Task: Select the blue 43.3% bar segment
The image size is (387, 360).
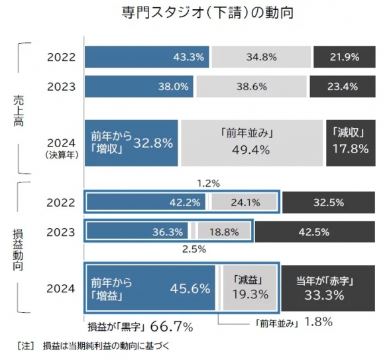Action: [146, 57]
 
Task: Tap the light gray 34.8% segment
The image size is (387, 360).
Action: [260, 57]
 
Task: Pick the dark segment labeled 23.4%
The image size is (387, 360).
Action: [345, 86]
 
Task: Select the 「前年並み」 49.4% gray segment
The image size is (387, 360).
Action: [251, 143]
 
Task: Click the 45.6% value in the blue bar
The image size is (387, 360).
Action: [190, 288]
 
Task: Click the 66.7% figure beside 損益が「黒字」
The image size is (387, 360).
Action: [172, 327]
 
